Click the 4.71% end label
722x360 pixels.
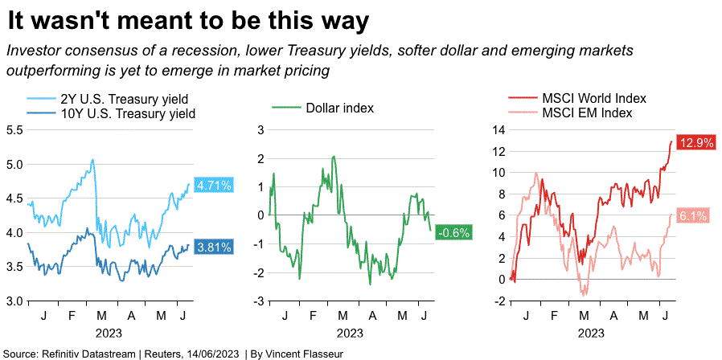click(x=214, y=186)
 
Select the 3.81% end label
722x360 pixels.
click(x=214, y=247)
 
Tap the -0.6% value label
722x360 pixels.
click(x=453, y=233)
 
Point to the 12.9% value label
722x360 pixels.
click(x=696, y=143)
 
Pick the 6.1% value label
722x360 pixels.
click(x=692, y=215)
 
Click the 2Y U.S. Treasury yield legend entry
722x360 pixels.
click(x=117, y=99)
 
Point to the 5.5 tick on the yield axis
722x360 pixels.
click(x=14, y=129)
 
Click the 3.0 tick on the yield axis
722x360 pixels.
click(x=14, y=301)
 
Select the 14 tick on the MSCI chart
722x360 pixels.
click(x=498, y=129)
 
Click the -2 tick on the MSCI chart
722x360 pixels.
click(x=498, y=301)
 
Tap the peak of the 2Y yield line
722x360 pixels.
click(x=92, y=159)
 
